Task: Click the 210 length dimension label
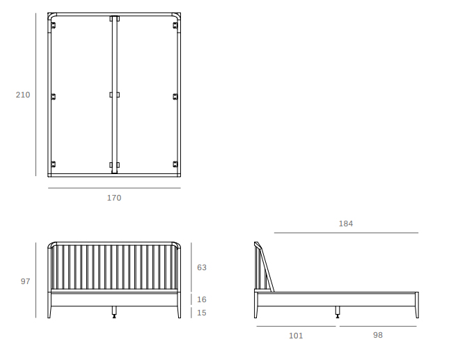pyautogui.click(x=23, y=95)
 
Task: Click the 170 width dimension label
pyautogui.click(x=114, y=198)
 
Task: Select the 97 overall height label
pyautogui.click(x=26, y=281)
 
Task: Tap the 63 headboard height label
pyautogui.click(x=202, y=267)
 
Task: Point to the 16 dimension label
pyautogui.click(x=202, y=299)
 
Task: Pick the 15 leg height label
pyautogui.click(x=202, y=313)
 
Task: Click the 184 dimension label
pyautogui.click(x=346, y=224)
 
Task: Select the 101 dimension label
pyautogui.click(x=296, y=336)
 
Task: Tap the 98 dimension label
pyautogui.click(x=378, y=335)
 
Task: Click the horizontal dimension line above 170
pyautogui.click(x=114, y=188)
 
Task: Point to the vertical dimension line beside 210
pyautogui.click(x=36, y=95)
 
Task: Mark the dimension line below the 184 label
pyautogui.click(x=346, y=233)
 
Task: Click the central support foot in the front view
pyautogui.click(x=114, y=312)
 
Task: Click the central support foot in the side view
pyautogui.click(x=338, y=312)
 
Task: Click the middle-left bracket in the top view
pyautogui.click(x=54, y=96)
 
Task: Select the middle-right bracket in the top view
pyautogui.click(x=175, y=96)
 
